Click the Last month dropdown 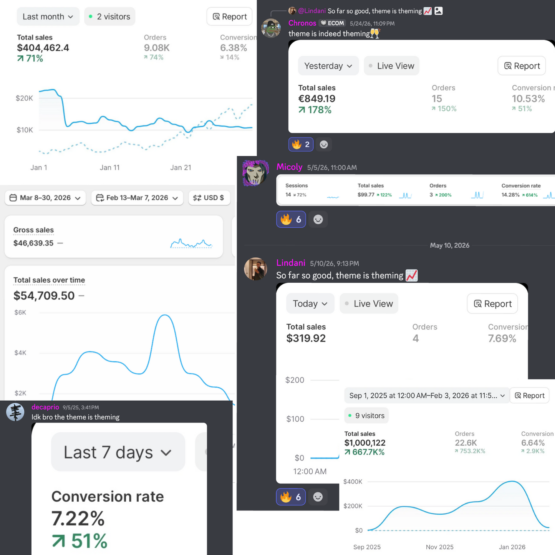[x=48, y=17]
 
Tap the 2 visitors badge [x=110, y=17]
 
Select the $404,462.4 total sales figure [x=43, y=48]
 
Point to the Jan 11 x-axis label [x=109, y=167]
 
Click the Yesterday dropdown [x=328, y=66]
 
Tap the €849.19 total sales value [x=316, y=99]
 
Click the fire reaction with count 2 [x=301, y=144]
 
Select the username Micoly [x=289, y=167]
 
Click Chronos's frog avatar [x=271, y=28]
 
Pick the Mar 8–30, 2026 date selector [x=45, y=198]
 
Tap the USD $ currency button [x=209, y=198]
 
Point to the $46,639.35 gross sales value [x=33, y=243]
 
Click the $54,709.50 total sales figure [x=44, y=296]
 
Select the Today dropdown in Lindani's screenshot [x=310, y=303]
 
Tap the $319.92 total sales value [x=306, y=338]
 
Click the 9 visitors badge [x=366, y=416]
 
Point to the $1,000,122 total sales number [x=364, y=443]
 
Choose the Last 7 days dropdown [x=118, y=452]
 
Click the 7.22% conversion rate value [x=78, y=519]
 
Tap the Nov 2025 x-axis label [x=439, y=547]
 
